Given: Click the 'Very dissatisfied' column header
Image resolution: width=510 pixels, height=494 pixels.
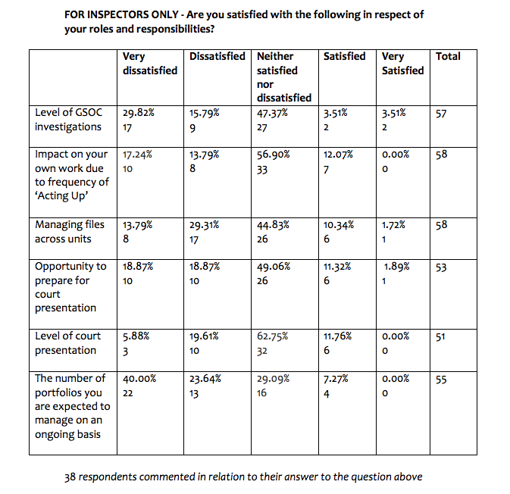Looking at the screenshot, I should tap(149, 63).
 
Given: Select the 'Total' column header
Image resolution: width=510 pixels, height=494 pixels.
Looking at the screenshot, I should tap(448, 56).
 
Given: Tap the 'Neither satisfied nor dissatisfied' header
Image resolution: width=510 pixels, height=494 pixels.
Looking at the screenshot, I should tap(284, 77).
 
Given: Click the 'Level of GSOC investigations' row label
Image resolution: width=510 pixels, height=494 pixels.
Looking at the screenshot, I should tap(67, 120).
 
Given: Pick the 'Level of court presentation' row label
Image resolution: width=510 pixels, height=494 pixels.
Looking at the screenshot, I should tap(67, 342).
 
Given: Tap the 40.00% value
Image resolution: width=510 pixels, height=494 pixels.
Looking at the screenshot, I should tap(139, 378).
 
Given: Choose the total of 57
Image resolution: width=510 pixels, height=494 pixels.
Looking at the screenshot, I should tap(442, 114).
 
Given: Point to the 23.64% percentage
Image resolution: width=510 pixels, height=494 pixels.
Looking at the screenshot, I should tap(205, 378).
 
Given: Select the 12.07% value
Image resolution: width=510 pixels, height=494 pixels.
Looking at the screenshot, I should tap(338, 155).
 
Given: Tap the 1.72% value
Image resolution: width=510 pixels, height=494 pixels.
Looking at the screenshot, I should tap(393, 225).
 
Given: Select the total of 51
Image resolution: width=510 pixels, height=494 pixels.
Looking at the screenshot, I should tap(441, 336).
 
